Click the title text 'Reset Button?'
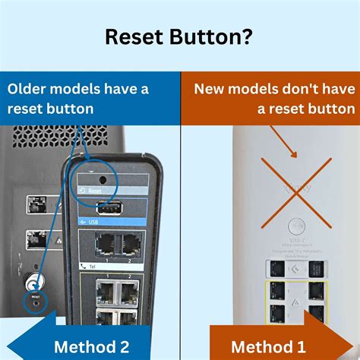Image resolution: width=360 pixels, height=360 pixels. click(179, 37)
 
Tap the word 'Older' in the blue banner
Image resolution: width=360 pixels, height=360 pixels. click(28, 89)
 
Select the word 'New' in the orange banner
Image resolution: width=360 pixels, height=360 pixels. click(210, 89)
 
